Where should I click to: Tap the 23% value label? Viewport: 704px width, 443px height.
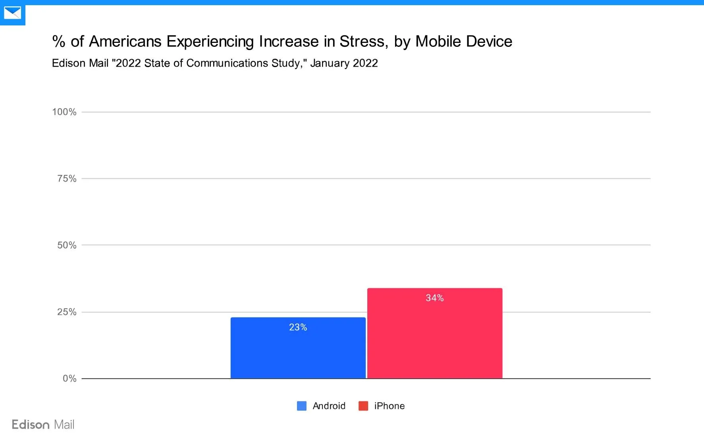pos(298,327)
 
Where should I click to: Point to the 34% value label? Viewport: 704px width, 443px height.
pos(434,298)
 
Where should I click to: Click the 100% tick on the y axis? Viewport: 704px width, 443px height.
pos(64,112)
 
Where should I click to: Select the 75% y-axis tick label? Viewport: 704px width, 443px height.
pos(67,179)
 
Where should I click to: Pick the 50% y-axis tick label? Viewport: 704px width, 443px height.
pos(67,245)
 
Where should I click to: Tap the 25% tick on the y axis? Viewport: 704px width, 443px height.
pos(67,312)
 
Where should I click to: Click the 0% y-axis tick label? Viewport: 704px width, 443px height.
pos(69,379)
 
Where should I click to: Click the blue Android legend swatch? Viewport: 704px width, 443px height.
pos(302,406)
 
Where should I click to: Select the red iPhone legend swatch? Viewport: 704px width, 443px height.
pos(363,406)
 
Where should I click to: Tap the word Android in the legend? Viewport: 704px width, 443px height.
pos(329,406)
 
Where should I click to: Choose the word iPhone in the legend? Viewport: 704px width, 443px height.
pos(389,406)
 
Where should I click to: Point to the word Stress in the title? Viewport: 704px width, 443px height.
pos(363,42)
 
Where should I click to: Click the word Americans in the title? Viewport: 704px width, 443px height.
pos(125,42)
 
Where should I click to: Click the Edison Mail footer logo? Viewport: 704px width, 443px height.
pos(43,425)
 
